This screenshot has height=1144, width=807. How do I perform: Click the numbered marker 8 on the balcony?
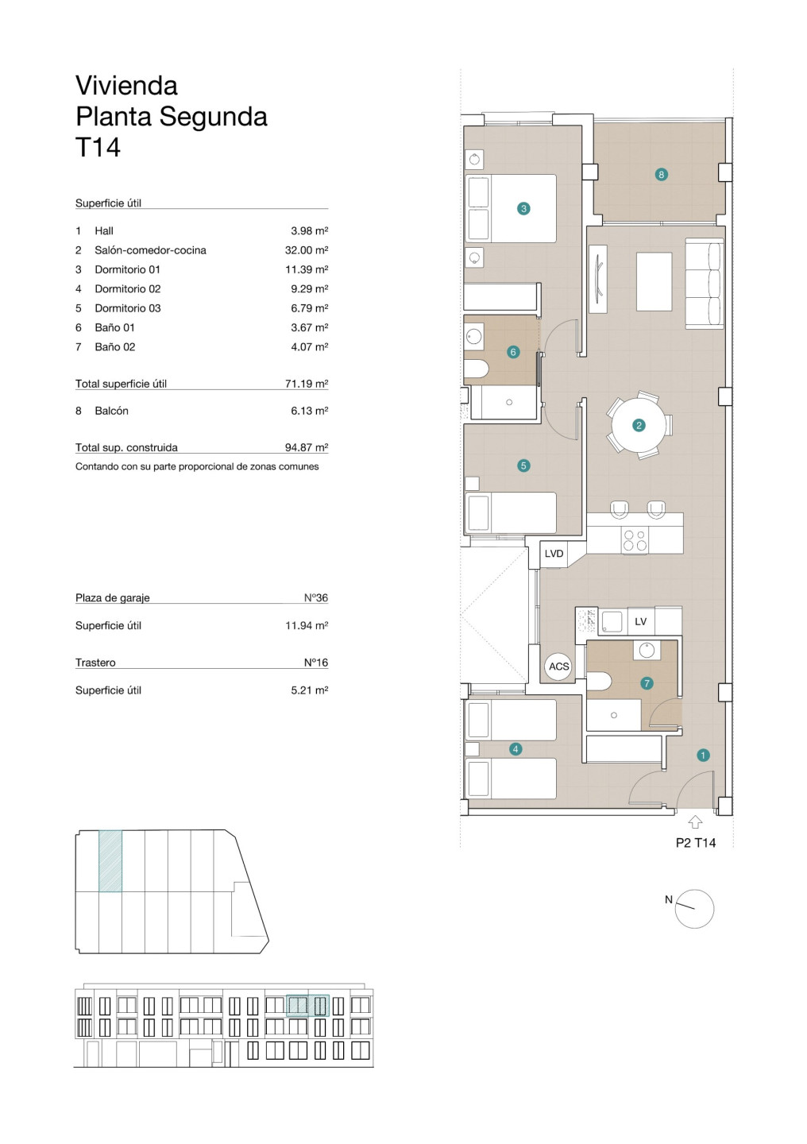click(x=661, y=175)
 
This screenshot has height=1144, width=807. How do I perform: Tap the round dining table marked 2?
click(x=639, y=425)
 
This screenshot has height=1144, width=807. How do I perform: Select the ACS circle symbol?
click(x=558, y=666)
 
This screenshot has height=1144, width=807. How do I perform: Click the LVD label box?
click(x=554, y=554)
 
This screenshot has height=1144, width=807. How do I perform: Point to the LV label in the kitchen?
click(x=640, y=621)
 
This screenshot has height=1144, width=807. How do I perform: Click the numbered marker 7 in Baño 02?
click(x=647, y=683)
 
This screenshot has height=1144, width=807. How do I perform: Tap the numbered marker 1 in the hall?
click(x=703, y=756)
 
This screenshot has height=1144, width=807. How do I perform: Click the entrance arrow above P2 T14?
click(x=695, y=822)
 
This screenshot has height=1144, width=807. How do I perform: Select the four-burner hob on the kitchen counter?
click(x=635, y=540)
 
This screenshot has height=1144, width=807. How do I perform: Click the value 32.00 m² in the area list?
click(x=307, y=250)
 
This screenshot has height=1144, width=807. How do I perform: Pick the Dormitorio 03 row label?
click(x=128, y=308)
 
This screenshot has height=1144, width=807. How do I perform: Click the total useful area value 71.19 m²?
click(x=307, y=384)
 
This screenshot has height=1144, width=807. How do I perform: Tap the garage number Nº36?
click(x=315, y=597)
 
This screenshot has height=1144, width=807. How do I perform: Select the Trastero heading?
click(x=95, y=663)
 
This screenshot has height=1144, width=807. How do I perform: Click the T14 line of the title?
click(x=98, y=148)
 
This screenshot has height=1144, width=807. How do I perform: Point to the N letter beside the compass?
click(x=669, y=900)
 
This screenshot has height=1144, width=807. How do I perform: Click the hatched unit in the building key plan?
click(x=110, y=861)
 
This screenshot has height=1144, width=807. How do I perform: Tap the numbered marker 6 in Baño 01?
click(x=513, y=352)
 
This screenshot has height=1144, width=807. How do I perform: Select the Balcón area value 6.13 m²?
click(x=310, y=411)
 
